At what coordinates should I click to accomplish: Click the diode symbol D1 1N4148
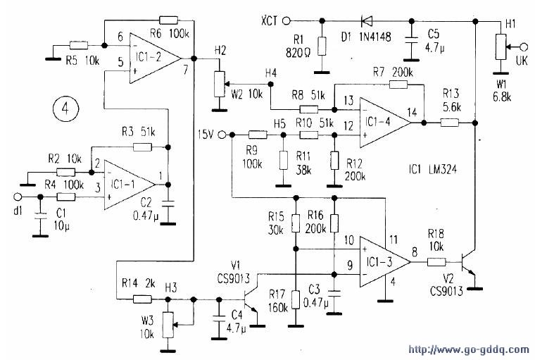[367, 21]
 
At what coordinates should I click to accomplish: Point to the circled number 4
[65, 108]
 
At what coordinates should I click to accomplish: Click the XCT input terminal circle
[287, 21]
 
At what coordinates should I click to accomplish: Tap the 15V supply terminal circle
[222, 135]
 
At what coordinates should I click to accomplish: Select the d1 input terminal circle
[17, 197]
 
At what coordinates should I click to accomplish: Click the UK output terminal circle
[524, 46]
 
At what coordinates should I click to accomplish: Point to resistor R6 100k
[168, 20]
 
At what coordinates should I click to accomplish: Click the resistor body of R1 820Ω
[322, 46]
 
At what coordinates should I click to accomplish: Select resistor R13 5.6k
[450, 123]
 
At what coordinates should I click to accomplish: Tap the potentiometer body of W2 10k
[220, 84]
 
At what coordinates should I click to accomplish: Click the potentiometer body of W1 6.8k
[501, 46]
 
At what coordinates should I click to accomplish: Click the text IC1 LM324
[432, 169]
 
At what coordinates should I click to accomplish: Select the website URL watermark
[469, 349]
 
